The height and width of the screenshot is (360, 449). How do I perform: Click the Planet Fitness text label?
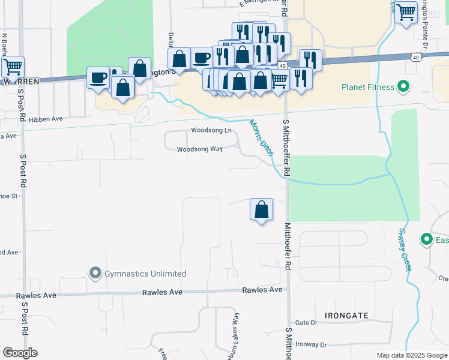[367, 87]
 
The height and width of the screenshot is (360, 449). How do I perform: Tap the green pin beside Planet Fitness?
[403, 87]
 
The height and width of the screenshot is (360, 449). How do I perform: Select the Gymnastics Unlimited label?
[145, 274]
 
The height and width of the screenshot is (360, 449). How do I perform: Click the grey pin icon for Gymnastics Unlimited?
[95, 274]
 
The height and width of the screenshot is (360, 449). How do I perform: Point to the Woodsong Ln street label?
[211, 130]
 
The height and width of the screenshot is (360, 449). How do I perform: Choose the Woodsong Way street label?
[200, 149]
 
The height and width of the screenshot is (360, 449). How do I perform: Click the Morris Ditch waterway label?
[262, 136]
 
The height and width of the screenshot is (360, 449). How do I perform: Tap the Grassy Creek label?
[405, 249]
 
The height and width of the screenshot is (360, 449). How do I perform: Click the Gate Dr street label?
[306, 323]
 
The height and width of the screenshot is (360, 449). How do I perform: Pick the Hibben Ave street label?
[50, 119]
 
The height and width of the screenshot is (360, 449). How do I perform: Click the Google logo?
[20, 353]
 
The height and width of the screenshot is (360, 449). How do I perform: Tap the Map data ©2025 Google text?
[411, 355]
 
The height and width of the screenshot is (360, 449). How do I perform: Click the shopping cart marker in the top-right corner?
[406, 13]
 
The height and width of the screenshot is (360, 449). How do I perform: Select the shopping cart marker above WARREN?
[13, 66]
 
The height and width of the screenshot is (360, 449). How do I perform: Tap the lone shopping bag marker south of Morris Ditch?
[261, 210]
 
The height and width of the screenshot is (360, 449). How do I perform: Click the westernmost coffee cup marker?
[98, 78]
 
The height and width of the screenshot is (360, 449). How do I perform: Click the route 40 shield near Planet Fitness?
[415, 57]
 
